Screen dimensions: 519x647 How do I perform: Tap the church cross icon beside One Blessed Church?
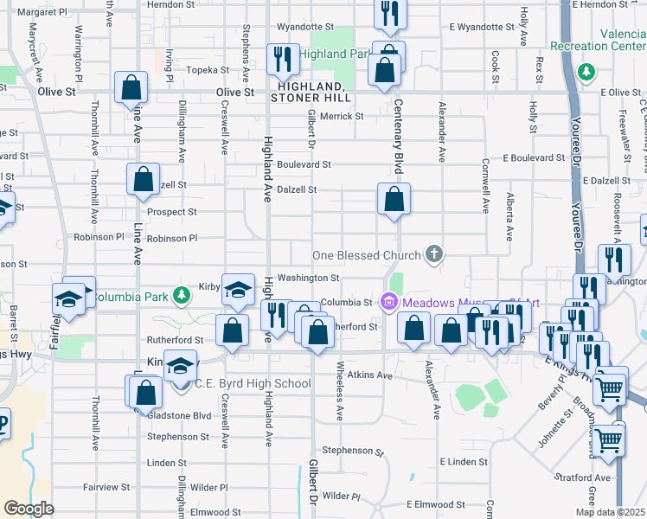(435, 254)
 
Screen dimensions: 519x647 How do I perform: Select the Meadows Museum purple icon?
(388, 301)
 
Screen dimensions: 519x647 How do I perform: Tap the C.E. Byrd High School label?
(253, 383)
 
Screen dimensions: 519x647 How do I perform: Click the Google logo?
(29, 509)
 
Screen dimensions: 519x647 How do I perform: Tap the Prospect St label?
(171, 211)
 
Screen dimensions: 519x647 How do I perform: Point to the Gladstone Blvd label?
(180, 415)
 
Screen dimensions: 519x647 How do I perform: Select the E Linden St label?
(463, 462)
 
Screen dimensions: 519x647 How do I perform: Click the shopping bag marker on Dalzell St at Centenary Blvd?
(394, 199)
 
